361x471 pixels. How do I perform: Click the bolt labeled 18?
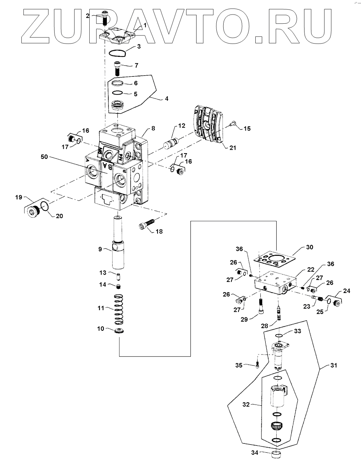tap(147, 225)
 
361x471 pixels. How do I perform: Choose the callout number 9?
tap(100, 249)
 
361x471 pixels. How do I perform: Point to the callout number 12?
tap(181, 126)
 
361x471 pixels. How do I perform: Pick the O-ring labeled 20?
tap(44, 207)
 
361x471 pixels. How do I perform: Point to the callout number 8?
tap(153, 128)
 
